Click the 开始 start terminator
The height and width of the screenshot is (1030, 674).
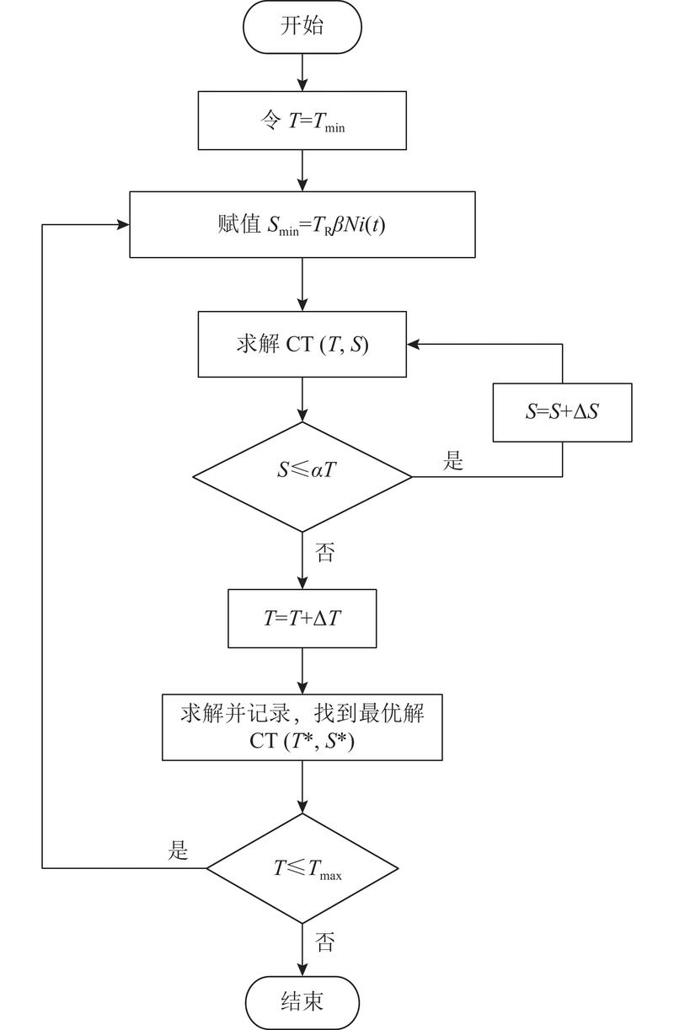[x=302, y=26]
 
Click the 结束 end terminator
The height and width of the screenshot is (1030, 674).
[x=302, y=1003]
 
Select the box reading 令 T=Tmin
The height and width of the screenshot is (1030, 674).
[x=302, y=121]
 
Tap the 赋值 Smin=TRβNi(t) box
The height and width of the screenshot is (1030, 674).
[x=302, y=224]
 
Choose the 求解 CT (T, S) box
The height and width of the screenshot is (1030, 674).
[x=302, y=344]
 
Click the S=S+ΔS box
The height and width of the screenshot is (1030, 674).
[x=562, y=413]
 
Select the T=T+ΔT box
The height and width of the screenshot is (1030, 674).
[x=302, y=618]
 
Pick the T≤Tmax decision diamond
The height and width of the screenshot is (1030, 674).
[x=302, y=868]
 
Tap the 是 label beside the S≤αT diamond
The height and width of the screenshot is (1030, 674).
[x=454, y=461]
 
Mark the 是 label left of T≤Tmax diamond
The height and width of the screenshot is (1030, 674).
[x=178, y=850]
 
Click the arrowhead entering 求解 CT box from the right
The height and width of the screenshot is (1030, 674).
[x=413, y=344]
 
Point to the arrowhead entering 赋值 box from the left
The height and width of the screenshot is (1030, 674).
[x=123, y=224]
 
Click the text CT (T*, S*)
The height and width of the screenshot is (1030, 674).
[x=302, y=741]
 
